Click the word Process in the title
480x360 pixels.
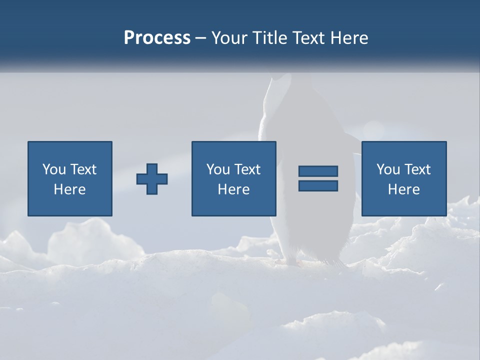pyautogui.click(x=157, y=38)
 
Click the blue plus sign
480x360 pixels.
pyautogui.click(x=152, y=179)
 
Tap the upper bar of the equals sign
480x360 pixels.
pyautogui.click(x=318, y=171)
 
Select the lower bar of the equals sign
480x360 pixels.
pyautogui.click(x=318, y=185)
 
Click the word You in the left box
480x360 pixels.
pyautogui.click(x=54, y=169)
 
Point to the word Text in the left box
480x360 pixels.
pyautogui.click(x=83, y=169)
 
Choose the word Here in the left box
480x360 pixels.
pyautogui.click(x=69, y=189)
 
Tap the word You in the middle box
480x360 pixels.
pyautogui.click(x=218, y=169)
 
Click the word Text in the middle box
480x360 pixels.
pyautogui.click(x=247, y=169)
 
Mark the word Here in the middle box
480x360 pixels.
pyautogui.click(x=233, y=189)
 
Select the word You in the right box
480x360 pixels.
pyautogui.click(x=388, y=169)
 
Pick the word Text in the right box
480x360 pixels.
pyautogui.click(x=417, y=169)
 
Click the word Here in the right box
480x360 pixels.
pyautogui.click(x=403, y=189)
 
